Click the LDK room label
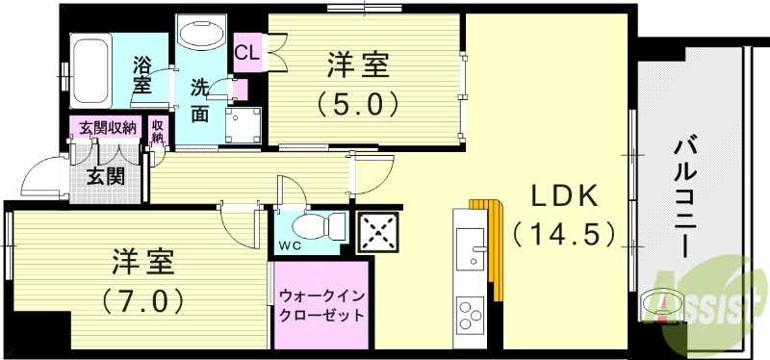point(567,196)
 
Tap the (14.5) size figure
point(563,233)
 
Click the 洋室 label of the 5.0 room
point(358,66)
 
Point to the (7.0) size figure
point(142,299)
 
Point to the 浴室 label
point(141,76)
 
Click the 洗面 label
point(199,99)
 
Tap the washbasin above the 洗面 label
point(200,36)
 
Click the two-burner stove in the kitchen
point(471,315)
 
